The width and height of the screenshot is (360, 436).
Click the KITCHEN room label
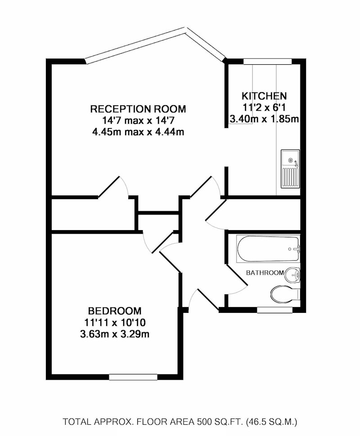coord(264,96)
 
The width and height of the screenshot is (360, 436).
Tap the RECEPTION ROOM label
coord(138,109)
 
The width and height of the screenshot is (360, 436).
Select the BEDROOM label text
coord(115,310)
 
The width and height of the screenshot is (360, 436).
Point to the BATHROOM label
coord(265,273)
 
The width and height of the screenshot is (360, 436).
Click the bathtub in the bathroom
coord(268,249)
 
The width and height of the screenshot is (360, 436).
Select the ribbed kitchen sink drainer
coord(290,178)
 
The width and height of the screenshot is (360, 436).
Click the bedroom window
coord(133,377)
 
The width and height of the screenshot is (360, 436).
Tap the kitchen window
coord(268,62)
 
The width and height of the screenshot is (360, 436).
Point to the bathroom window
coord(274,310)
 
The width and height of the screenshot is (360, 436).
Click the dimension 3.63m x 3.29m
coord(115,334)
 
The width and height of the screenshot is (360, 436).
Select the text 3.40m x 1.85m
coord(264,119)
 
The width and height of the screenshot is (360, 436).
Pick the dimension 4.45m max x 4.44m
coord(138,132)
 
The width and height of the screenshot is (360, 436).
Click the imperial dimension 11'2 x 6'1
coord(264,107)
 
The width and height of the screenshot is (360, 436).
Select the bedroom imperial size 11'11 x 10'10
coord(115,323)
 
